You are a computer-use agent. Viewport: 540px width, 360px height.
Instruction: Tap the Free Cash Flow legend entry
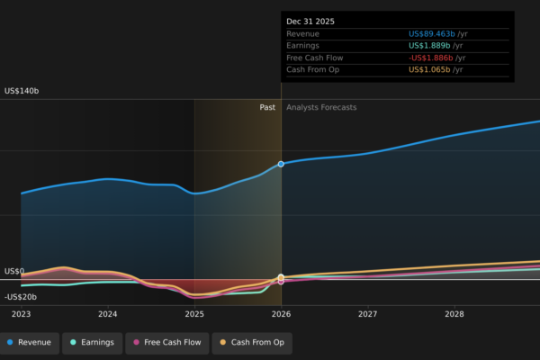pos(167,342)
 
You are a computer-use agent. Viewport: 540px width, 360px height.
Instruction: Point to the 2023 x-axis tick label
pos(21,314)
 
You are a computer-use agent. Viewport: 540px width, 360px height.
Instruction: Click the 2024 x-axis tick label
pos(108,314)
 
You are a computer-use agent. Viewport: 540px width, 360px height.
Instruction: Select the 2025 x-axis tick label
pos(194,314)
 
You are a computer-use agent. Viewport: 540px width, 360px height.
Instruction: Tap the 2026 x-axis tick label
pos(282,314)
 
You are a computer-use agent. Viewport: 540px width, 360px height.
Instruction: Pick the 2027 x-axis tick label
pos(368,314)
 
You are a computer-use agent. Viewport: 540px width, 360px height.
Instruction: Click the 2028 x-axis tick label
pos(454,314)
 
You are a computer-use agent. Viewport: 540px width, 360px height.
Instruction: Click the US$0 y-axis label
pos(13,271)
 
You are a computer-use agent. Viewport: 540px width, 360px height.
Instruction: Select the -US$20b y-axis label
pos(21,297)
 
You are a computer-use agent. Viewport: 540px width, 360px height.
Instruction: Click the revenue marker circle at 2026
pos(281,164)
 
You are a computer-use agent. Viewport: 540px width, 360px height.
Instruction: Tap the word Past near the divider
pos(267,107)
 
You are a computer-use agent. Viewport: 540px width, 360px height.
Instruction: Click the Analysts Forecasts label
pos(321,107)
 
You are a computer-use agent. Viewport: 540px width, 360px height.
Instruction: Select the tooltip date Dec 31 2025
pos(310,21)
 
